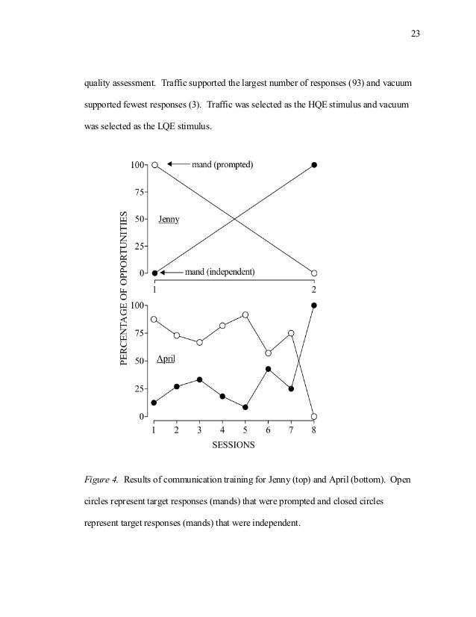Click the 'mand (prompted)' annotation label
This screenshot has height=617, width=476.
tap(223, 164)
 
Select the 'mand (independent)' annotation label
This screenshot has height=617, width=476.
tap(220, 272)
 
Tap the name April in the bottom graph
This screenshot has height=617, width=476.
tap(166, 359)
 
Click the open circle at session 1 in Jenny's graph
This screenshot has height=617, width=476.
tap(154, 164)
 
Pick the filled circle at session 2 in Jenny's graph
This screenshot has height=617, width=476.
tap(314, 164)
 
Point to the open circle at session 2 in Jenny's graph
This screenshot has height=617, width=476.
tap(314, 273)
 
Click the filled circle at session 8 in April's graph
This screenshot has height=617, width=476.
tap(314, 306)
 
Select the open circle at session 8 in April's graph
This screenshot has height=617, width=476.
tap(314, 416)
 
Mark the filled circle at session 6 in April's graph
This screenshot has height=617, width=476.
tap(268, 369)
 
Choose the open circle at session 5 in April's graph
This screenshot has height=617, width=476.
tap(245, 315)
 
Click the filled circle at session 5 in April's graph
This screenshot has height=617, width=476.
tap(245, 407)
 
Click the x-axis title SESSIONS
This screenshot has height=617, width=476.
tap(234, 445)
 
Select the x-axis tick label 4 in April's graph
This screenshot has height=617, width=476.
tap(222, 430)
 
